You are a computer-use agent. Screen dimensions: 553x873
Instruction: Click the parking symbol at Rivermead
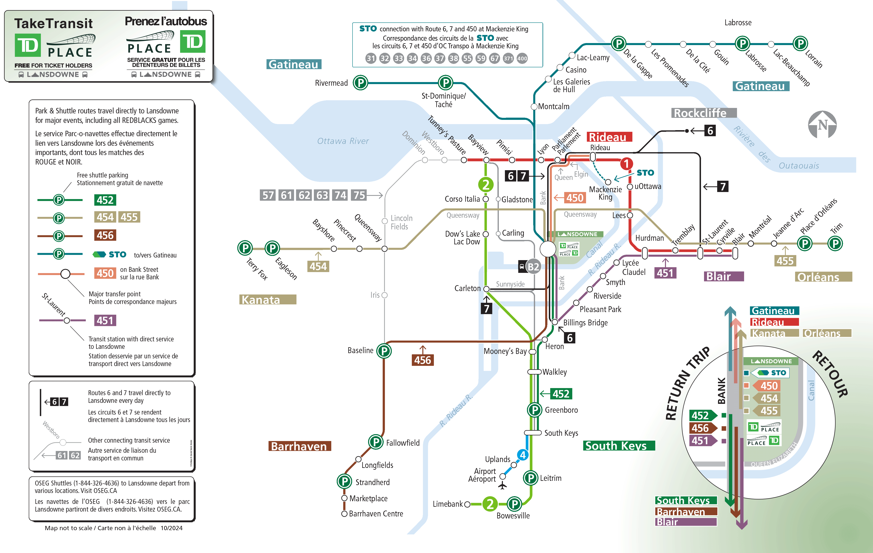click(360, 83)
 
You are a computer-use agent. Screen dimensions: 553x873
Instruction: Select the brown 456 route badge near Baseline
click(423, 360)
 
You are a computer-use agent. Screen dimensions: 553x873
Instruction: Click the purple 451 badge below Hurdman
click(665, 273)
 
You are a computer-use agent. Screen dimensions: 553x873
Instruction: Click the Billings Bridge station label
click(585, 322)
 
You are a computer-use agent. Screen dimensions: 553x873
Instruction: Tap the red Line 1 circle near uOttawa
click(626, 164)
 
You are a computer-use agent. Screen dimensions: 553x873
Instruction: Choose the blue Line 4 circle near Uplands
click(523, 455)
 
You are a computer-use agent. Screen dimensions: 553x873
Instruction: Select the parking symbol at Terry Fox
click(245, 248)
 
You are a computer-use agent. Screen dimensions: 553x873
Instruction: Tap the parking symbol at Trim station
click(835, 243)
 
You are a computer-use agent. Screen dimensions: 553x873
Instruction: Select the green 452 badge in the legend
click(105, 200)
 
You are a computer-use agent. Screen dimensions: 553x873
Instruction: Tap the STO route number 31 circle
click(371, 58)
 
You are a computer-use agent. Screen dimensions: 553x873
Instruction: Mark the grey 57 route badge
click(268, 195)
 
